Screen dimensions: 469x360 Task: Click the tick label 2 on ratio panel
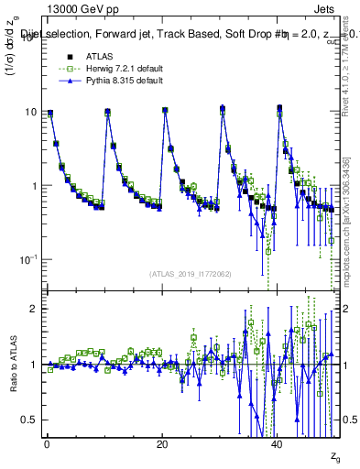point(33,309)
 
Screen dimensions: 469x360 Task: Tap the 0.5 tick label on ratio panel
point(29,420)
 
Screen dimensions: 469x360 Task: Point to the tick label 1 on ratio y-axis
point(33,365)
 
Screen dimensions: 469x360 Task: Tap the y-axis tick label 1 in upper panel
point(33,186)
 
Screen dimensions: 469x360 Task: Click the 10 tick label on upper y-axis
point(30,113)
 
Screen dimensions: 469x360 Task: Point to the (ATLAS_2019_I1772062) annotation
point(191,273)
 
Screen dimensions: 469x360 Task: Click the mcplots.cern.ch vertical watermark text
point(351,220)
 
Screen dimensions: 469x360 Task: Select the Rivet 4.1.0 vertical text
point(351,73)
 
